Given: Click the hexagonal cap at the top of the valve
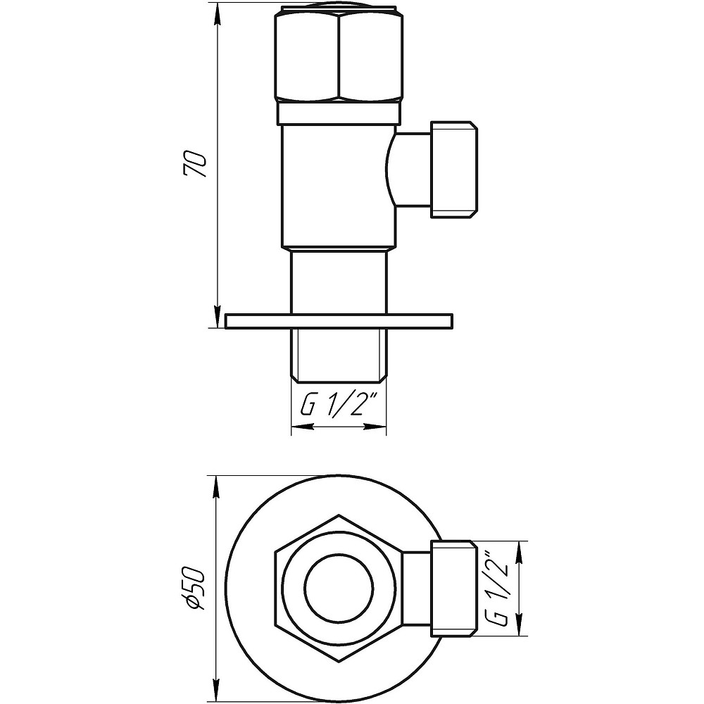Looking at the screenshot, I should (338, 55).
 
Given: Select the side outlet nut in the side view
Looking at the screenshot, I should (455, 170).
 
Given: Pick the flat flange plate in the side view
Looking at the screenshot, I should (339, 321).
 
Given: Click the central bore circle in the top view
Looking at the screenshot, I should (339, 587).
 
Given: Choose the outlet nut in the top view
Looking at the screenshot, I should (451, 587).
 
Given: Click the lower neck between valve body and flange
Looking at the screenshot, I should (339, 282).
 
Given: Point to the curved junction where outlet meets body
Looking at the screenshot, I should (391, 170).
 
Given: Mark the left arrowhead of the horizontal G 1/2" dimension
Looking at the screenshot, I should (297, 427).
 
